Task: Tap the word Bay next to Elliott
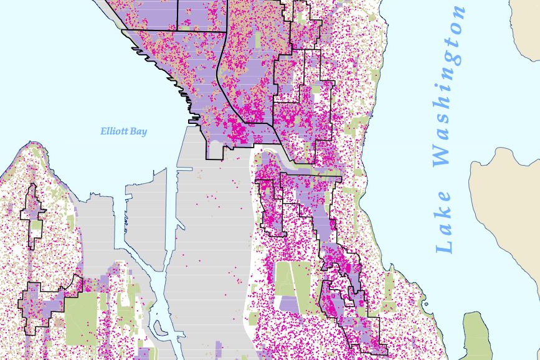(140, 131)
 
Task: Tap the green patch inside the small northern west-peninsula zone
(37, 227)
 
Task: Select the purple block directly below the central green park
(290, 304)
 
